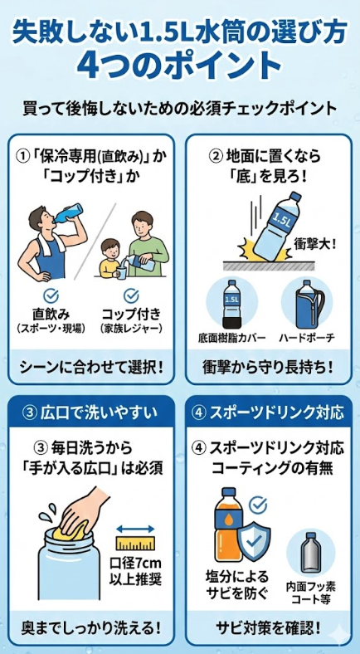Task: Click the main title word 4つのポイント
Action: tap(180, 66)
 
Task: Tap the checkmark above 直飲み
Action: tap(51, 295)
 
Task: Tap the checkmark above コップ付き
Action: tap(130, 295)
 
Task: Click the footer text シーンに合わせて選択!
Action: tap(90, 365)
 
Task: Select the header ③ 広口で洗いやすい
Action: tap(90, 412)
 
